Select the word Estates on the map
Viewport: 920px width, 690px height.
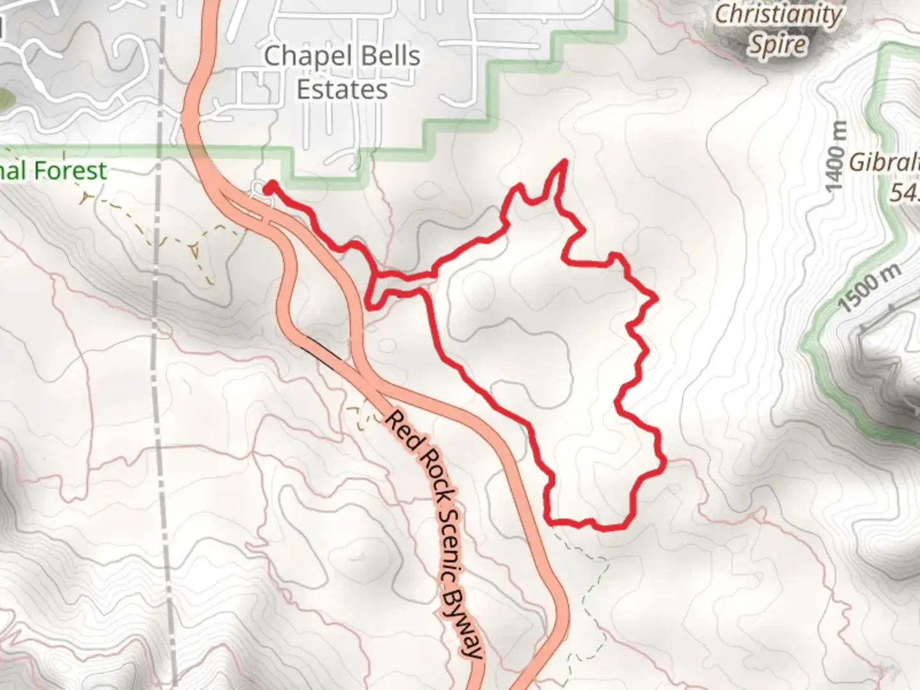click(x=342, y=89)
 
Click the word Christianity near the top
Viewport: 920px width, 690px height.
click(x=778, y=14)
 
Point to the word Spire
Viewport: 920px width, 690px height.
click(x=778, y=45)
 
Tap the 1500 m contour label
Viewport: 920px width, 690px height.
click(x=870, y=287)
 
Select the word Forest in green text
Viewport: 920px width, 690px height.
click(x=70, y=171)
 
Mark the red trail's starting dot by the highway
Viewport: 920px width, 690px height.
click(x=270, y=187)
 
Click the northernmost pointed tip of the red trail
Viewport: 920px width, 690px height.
click(x=565, y=161)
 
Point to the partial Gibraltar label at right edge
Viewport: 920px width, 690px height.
click(x=884, y=163)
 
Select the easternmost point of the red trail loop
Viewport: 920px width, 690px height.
click(x=664, y=459)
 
